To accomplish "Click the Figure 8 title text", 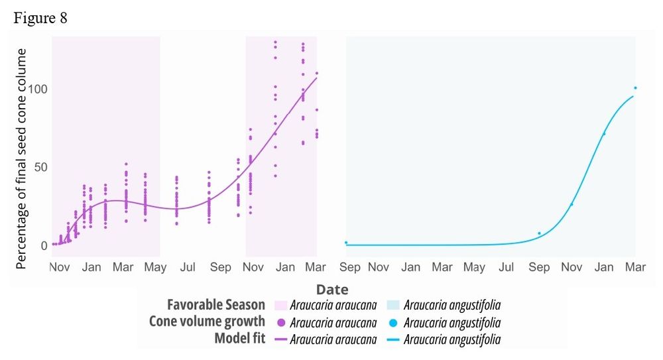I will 40,18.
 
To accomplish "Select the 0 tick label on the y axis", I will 44,245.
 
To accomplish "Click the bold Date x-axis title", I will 332,290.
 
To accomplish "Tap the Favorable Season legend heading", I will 215,305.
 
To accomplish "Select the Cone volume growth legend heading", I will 207,322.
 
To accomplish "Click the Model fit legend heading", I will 239,339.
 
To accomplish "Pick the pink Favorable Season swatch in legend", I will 278,305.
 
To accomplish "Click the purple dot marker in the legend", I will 278,323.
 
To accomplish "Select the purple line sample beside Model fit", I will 278,339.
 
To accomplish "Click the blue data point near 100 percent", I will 635,88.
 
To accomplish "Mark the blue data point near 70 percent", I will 603,135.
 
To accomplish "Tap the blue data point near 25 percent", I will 572,204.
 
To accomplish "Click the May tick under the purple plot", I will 155,267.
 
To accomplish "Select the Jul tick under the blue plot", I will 507,267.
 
